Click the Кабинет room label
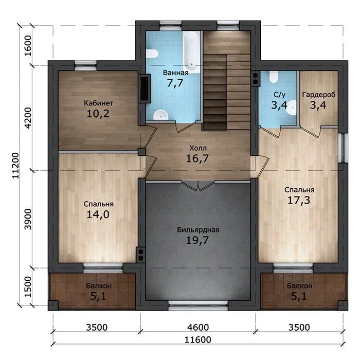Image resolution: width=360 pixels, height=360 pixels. click(x=98, y=103)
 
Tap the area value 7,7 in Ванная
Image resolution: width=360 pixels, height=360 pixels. click(x=175, y=83)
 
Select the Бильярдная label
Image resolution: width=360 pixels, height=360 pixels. click(x=198, y=230)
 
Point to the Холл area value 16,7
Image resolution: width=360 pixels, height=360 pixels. click(x=197, y=158)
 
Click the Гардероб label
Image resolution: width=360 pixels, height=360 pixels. click(x=319, y=95)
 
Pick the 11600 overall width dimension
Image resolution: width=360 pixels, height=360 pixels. click(x=197, y=339)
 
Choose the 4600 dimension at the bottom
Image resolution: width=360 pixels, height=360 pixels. click(x=198, y=327)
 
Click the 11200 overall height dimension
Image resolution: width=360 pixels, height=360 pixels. click(x=16, y=165)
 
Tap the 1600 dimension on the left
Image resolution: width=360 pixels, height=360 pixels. click(x=28, y=46)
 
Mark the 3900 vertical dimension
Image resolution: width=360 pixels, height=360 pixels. click(x=28, y=219)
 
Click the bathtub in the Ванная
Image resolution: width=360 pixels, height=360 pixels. click(x=191, y=52)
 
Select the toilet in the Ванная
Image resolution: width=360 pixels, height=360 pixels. click(x=152, y=53)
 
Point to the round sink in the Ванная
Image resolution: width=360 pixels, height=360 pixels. click(x=160, y=115)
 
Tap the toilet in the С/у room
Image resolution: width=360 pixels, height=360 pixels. click(x=274, y=77)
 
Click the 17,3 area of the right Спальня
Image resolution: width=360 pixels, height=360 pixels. click(x=299, y=200)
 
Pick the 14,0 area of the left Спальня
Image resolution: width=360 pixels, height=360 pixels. click(x=98, y=214)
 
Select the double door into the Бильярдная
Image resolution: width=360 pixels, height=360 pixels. click(x=199, y=186)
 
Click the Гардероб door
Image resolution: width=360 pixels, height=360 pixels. click(x=311, y=132)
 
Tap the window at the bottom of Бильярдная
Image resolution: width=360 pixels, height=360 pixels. click(x=198, y=305)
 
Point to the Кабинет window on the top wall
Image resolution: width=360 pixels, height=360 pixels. click(x=85, y=65)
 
